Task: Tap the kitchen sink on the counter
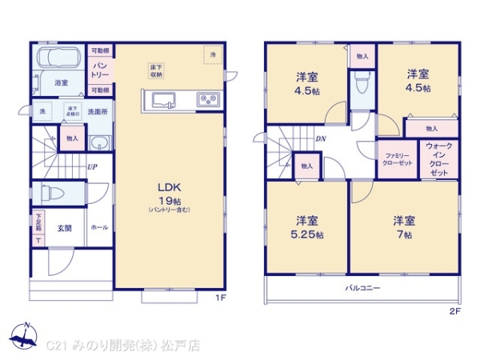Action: tap(163, 100)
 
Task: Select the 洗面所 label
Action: tap(98, 110)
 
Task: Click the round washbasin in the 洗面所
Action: tap(98, 144)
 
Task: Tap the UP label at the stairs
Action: tap(93, 167)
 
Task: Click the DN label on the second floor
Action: tap(320, 138)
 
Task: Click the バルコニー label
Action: tap(362, 287)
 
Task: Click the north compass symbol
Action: tap(23, 337)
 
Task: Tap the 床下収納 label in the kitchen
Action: tap(155, 70)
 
